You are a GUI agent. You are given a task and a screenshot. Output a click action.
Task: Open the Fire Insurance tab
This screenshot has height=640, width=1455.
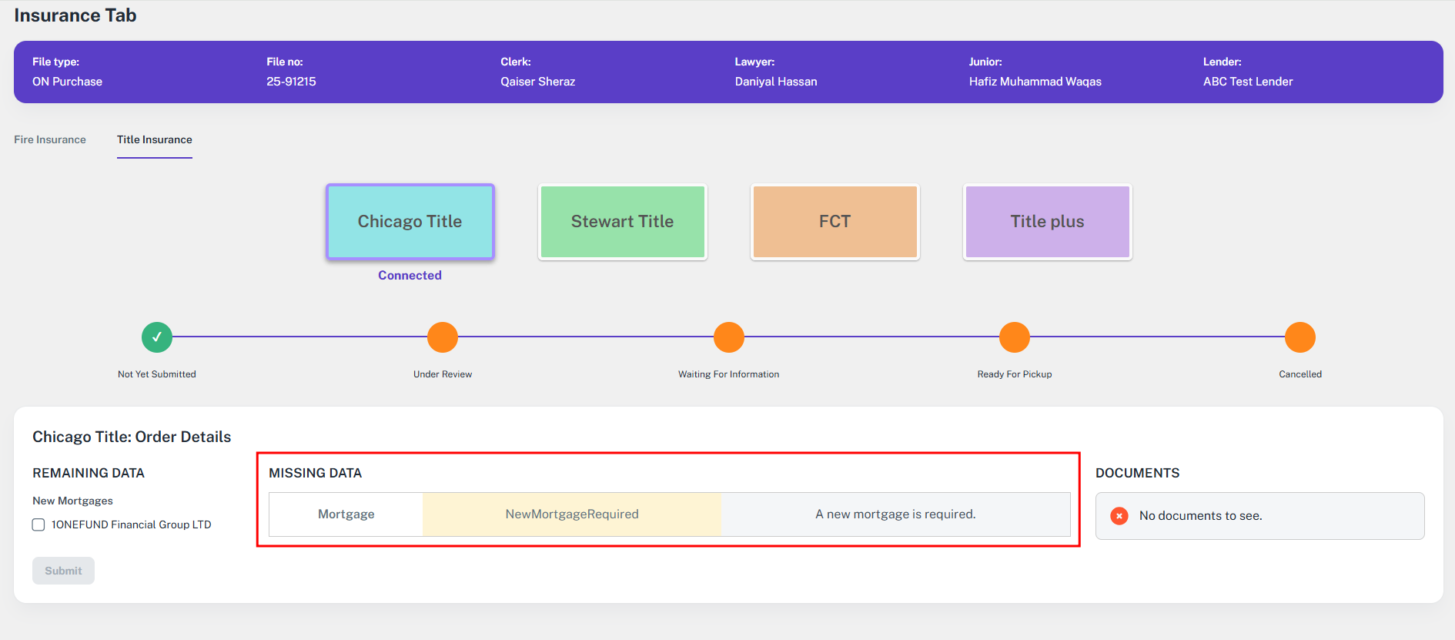(50, 139)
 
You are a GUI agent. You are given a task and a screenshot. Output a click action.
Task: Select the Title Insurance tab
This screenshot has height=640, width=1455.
(155, 139)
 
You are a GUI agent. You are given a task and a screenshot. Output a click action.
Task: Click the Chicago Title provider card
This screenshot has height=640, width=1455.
(410, 222)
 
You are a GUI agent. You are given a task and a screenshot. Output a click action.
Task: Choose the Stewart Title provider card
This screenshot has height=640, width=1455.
(623, 222)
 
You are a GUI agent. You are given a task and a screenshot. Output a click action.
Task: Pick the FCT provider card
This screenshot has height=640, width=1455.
(835, 222)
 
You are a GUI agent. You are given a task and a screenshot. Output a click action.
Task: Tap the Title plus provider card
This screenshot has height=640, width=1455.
(1048, 222)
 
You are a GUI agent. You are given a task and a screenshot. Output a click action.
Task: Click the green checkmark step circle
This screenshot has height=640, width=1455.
(157, 337)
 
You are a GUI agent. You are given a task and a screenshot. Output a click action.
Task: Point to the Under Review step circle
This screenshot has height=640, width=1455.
(443, 337)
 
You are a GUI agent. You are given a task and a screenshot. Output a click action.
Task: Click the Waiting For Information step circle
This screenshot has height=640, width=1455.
(729, 337)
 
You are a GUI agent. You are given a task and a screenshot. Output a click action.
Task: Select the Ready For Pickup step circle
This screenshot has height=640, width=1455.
(1015, 337)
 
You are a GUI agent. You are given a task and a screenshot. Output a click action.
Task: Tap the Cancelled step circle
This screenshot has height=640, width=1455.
(1300, 337)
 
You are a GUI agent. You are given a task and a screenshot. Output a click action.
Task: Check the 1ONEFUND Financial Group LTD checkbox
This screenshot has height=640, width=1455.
(38, 524)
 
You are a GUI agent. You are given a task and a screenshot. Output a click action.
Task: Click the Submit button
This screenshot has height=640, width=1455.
(63, 571)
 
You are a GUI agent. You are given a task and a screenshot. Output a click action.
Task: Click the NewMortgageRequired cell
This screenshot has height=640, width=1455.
(572, 514)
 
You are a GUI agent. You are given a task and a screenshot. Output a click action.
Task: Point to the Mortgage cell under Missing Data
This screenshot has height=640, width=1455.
(346, 514)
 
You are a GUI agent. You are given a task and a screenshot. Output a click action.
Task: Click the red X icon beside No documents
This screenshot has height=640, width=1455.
(1119, 516)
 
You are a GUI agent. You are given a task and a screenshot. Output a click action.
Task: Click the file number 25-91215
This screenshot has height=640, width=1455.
(291, 82)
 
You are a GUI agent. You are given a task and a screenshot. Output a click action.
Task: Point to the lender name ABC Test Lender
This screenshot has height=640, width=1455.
(1248, 82)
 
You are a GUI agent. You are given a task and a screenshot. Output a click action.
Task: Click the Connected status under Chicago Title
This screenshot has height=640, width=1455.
(410, 276)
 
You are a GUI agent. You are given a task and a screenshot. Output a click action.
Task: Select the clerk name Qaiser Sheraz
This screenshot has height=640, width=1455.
(538, 82)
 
